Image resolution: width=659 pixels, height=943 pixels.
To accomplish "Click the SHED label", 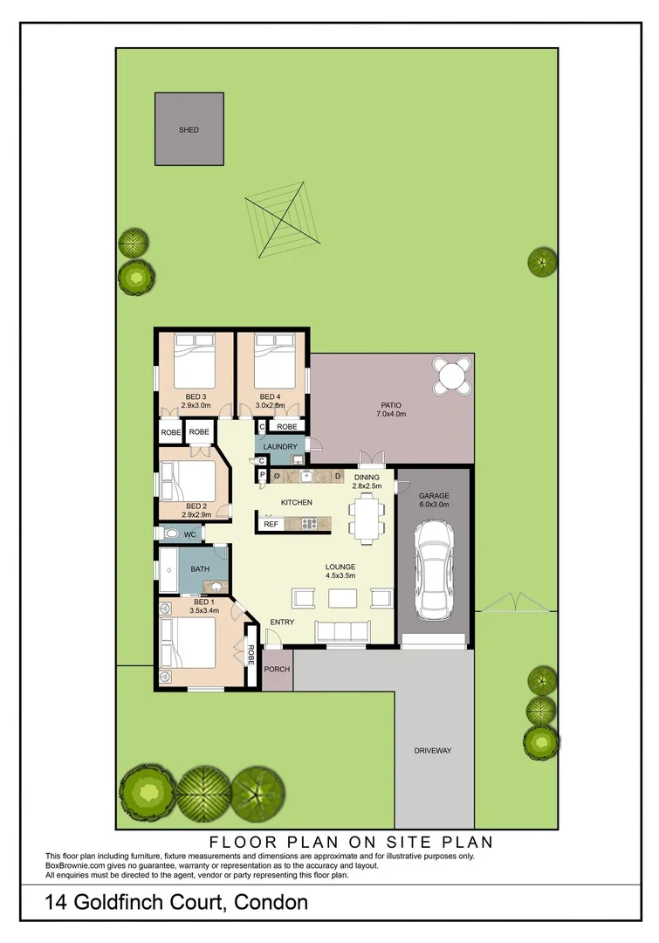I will [189, 130].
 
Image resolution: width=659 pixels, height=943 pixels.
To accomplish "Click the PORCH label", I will [277, 670].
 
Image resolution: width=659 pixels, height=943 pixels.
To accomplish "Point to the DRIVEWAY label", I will [433, 751].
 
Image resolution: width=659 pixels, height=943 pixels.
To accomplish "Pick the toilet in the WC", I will [169, 533].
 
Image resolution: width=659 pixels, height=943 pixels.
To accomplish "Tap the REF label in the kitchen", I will [271, 524].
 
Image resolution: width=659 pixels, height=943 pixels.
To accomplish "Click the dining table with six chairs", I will [366, 516].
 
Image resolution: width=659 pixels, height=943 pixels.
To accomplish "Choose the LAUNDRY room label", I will [279, 447].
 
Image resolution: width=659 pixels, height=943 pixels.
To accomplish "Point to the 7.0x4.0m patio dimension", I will [389, 414].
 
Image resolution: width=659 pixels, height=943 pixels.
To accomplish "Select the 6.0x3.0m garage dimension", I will [434, 504].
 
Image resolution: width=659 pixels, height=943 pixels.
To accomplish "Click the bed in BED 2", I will [188, 479].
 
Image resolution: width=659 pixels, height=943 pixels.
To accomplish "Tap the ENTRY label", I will [282, 622].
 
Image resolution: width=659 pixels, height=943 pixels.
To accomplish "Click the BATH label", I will [201, 569].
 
